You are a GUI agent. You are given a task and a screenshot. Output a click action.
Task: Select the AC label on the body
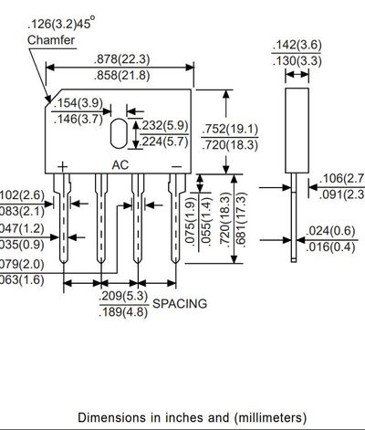coord(120,165)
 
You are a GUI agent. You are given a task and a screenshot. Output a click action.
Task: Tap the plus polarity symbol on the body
coord(62,165)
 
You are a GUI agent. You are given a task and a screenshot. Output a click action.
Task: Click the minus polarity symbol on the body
coord(176,165)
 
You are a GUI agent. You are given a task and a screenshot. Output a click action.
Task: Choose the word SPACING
coord(180,302)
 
